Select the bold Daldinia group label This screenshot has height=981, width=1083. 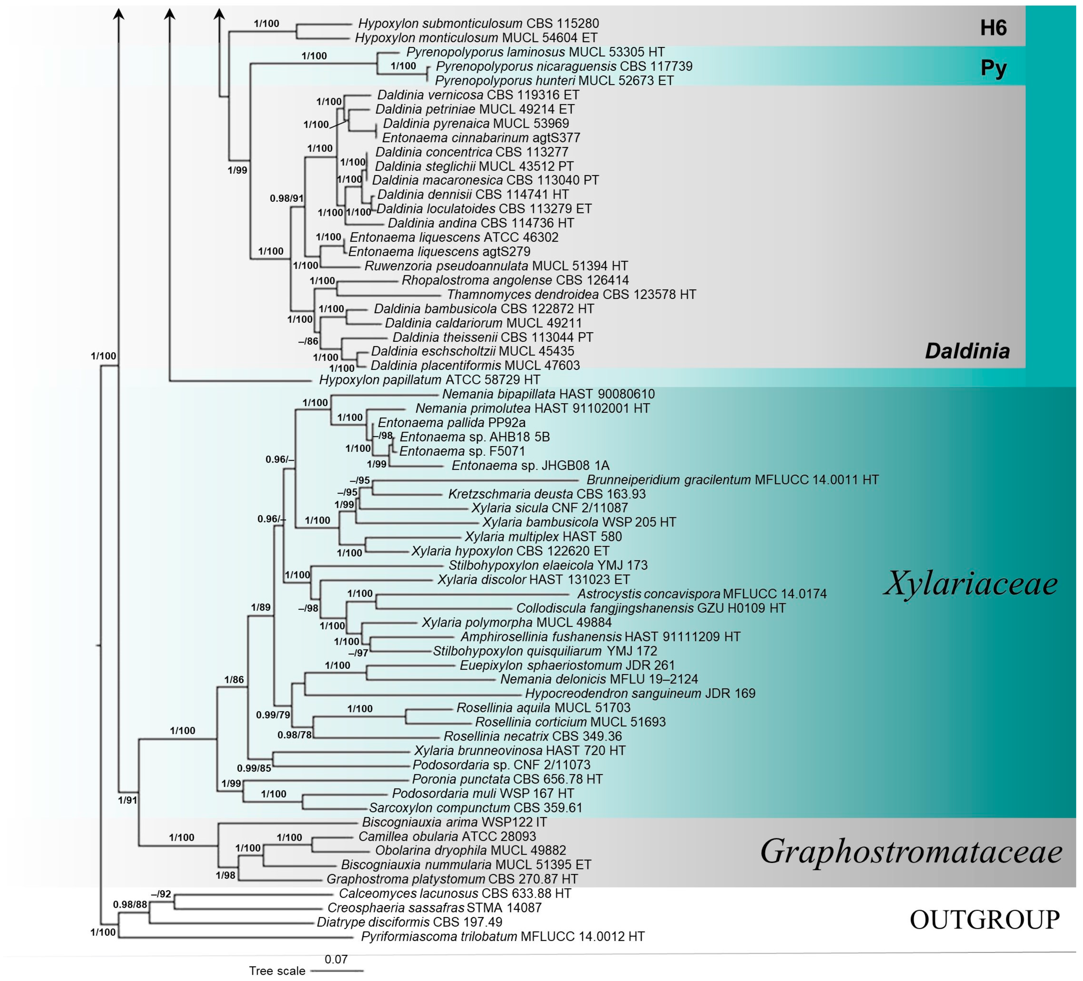[x=967, y=351]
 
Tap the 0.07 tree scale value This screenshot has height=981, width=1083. [x=336, y=959]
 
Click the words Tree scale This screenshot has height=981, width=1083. [x=277, y=971]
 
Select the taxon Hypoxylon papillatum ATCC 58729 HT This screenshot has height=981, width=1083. [x=429, y=380]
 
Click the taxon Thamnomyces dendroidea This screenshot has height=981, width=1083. [x=571, y=294]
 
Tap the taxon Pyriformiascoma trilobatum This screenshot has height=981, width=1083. [x=502, y=936]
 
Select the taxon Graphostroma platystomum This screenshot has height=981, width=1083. [x=452, y=879]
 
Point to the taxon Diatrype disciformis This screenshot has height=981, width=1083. [x=409, y=922]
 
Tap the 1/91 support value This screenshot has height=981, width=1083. [x=127, y=800]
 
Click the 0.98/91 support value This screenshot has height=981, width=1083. [x=286, y=198]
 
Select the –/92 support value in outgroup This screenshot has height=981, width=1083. [x=161, y=894]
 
